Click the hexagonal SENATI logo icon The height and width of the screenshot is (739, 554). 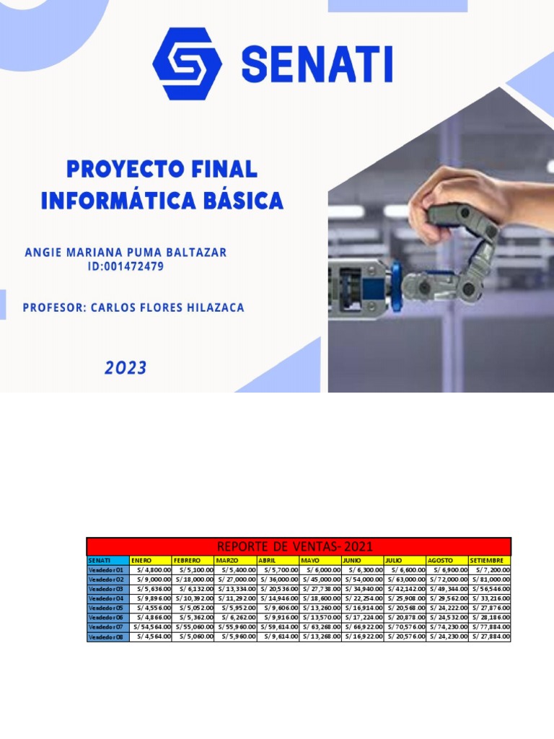pos(187,64)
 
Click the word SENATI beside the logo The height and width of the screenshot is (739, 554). pos(317,64)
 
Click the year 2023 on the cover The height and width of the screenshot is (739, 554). pos(126,368)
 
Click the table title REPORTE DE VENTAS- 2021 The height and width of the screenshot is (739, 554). pos(299,546)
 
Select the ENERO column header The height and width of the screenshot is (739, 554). pos(150,560)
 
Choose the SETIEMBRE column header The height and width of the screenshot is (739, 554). pos(489,560)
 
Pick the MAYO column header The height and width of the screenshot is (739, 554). pos(320,560)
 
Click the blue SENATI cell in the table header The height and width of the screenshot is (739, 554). pos(107,560)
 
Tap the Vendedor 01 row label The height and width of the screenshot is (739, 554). pos(107,569)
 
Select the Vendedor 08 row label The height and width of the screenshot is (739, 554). pos(107,637)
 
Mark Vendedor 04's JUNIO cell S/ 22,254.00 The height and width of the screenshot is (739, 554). pos(362,598)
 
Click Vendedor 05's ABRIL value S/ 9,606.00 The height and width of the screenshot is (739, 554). pos(278,608)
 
